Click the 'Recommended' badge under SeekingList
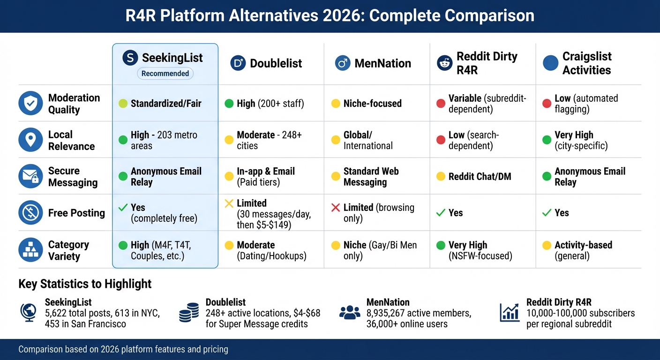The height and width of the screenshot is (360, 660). (165, 74)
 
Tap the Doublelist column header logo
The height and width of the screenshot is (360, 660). (238, 63)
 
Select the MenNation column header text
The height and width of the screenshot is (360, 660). (382, 63)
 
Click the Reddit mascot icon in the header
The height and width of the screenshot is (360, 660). (444, 63)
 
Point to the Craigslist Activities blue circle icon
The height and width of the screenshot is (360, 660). (550, 63)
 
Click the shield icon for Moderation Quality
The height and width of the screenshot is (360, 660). (30, 104)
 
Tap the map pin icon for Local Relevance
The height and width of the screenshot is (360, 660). (30, 140)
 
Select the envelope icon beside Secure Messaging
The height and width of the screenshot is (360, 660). (30, 177)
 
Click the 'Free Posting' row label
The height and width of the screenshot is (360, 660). (76, 213)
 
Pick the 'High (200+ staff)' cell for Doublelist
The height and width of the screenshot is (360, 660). (270, 104)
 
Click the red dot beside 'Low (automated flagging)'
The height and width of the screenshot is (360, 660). (547, 104)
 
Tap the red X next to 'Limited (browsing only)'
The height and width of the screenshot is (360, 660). (336, 208)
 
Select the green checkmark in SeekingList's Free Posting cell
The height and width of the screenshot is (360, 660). (123, 208)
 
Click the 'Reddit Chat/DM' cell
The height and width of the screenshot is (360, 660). (480, 177)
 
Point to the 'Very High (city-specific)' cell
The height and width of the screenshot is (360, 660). (581, 140)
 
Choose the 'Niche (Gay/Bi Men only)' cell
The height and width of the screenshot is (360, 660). (380, 250)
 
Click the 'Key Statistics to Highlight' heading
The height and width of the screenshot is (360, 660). (85, 284)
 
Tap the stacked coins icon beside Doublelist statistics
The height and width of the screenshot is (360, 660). (189, 313)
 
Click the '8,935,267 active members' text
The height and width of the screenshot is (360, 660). (419, 313)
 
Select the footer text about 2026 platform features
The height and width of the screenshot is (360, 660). (123, 349)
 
